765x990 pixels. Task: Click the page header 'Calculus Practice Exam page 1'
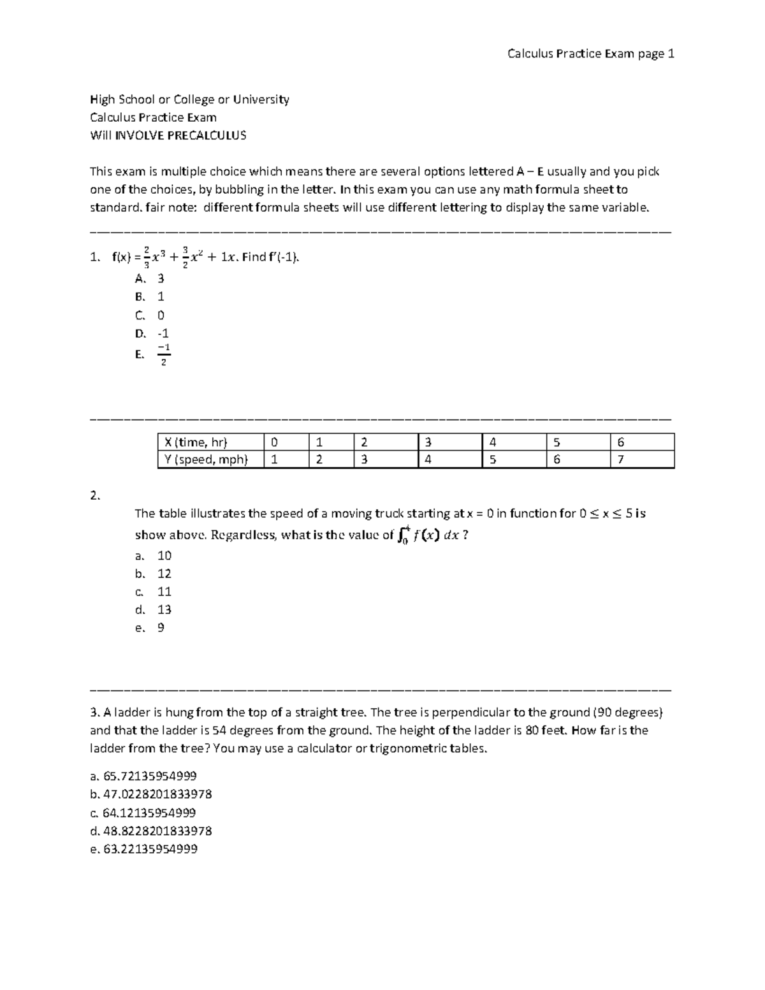point(590,54)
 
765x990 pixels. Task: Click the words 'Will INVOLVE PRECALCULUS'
point(168,135)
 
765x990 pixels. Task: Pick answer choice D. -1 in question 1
point(152,333)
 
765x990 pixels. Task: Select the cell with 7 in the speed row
point(621,460)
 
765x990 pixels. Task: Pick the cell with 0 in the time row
point(274,442)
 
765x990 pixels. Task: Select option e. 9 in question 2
point(150,628)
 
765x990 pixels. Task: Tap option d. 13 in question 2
point(154,609)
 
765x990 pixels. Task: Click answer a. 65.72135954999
point(143,776)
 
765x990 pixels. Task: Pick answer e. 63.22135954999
point(143,849)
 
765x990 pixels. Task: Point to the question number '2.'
point(95,495)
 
